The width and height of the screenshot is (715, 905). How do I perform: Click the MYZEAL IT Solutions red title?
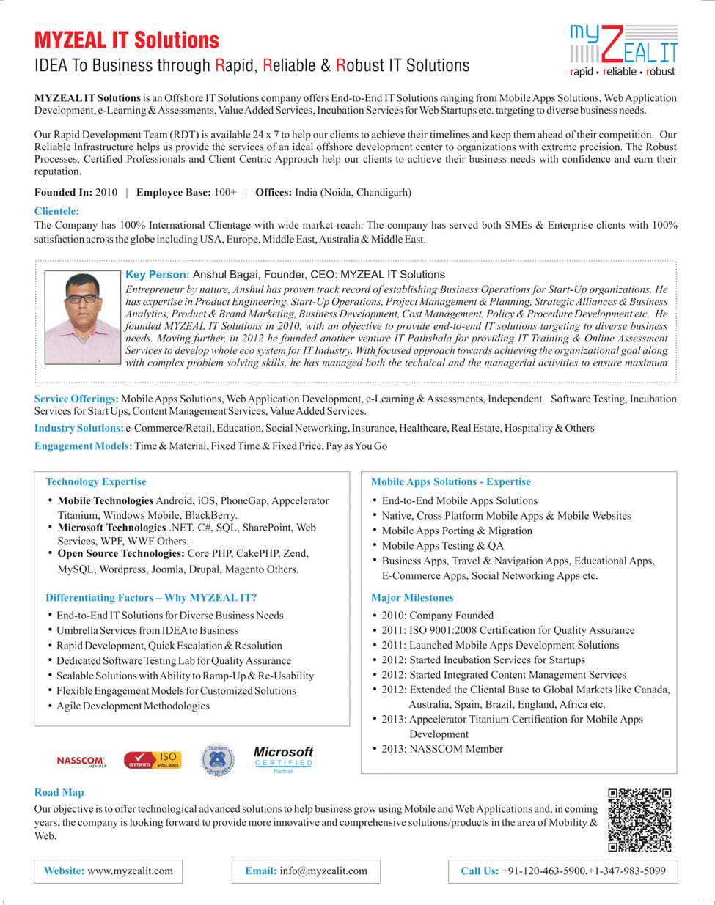pos(127,40)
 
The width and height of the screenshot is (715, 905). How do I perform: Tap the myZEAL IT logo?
pos(623,51)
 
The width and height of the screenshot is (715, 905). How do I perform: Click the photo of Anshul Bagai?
pos(82,317)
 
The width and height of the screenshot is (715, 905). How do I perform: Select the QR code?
pos(639,820)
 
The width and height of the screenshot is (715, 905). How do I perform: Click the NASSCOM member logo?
pos(81,761)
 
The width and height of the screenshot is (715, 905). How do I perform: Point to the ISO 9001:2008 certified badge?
pos(152,760)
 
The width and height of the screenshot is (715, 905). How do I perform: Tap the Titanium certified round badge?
pos(218,760)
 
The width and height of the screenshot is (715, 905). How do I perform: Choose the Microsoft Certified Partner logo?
pos(283,759)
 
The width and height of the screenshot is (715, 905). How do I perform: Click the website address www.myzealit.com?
pos(130,871)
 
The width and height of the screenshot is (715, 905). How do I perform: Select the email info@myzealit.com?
pos(323,871)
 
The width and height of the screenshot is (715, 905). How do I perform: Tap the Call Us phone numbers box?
pos(562,871)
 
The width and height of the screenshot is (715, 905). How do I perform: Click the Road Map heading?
pos(59,792)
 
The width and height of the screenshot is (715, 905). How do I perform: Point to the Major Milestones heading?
pos(412,598)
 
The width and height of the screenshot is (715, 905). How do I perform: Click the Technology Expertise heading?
pos(96,481)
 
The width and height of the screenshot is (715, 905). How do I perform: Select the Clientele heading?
pos(56,211)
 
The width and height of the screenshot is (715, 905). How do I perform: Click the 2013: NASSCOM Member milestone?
pos(441,749)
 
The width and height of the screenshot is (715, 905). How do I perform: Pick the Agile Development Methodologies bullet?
pos(133,706)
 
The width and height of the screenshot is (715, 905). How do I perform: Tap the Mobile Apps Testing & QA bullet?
pos(442,545)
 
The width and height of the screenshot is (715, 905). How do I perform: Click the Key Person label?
pos(158,275)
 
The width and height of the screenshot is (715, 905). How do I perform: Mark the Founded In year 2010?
pos(106,192)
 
